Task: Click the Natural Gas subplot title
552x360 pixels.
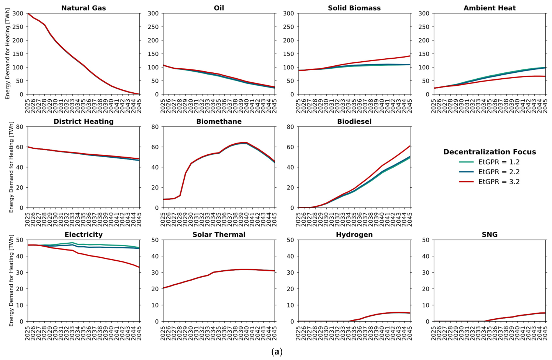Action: point(84,8)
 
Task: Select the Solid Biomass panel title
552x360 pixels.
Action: point(354,8)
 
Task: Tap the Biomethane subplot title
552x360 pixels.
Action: point(219,121)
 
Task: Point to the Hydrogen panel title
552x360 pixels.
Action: point(354,234)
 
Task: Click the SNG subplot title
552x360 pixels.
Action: point(490,234)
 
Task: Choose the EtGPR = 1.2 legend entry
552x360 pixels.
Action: point(489,162)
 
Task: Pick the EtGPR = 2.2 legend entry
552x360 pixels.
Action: point(489,172)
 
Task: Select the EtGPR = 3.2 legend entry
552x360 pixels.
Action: point(489,182)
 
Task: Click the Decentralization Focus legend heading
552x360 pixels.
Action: point(490,152)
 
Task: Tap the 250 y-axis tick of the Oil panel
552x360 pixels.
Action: point(153,27)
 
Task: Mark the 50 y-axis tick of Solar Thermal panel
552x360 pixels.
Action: point(155,240)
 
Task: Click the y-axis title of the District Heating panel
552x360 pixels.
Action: point(11,167)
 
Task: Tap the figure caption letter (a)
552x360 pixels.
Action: point(277,352)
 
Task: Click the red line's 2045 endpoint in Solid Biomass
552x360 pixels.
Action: point(410,56)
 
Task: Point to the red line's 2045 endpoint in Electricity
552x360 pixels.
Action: point(140,267)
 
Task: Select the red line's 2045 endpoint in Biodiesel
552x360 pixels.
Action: point(410,146)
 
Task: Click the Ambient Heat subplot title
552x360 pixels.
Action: point(490,8)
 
